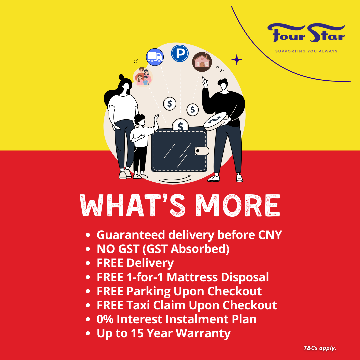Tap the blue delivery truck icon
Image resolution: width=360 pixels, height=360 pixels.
click(155, 57)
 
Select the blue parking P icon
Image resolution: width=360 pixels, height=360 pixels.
click(180, 53)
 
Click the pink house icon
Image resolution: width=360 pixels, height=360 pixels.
click(202, 62)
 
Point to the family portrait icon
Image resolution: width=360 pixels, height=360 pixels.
click(143, 77)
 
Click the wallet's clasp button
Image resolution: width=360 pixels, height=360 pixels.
click(202, 151)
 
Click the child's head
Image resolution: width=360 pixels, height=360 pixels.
click(140, 120)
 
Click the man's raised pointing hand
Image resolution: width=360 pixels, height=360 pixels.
click(205, 82)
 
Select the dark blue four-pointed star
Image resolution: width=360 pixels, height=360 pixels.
click(237, 60)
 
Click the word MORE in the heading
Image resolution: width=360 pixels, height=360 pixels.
click(238, 205)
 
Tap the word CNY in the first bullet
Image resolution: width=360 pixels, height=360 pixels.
click(270, 235)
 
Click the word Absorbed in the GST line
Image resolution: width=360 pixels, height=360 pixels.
click(200, 249)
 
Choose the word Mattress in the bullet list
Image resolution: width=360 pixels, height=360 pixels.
click(192, 277)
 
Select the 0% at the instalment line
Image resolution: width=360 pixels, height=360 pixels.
click(105, 319)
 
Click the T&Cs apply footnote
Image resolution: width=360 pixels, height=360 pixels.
click(320, 348)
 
